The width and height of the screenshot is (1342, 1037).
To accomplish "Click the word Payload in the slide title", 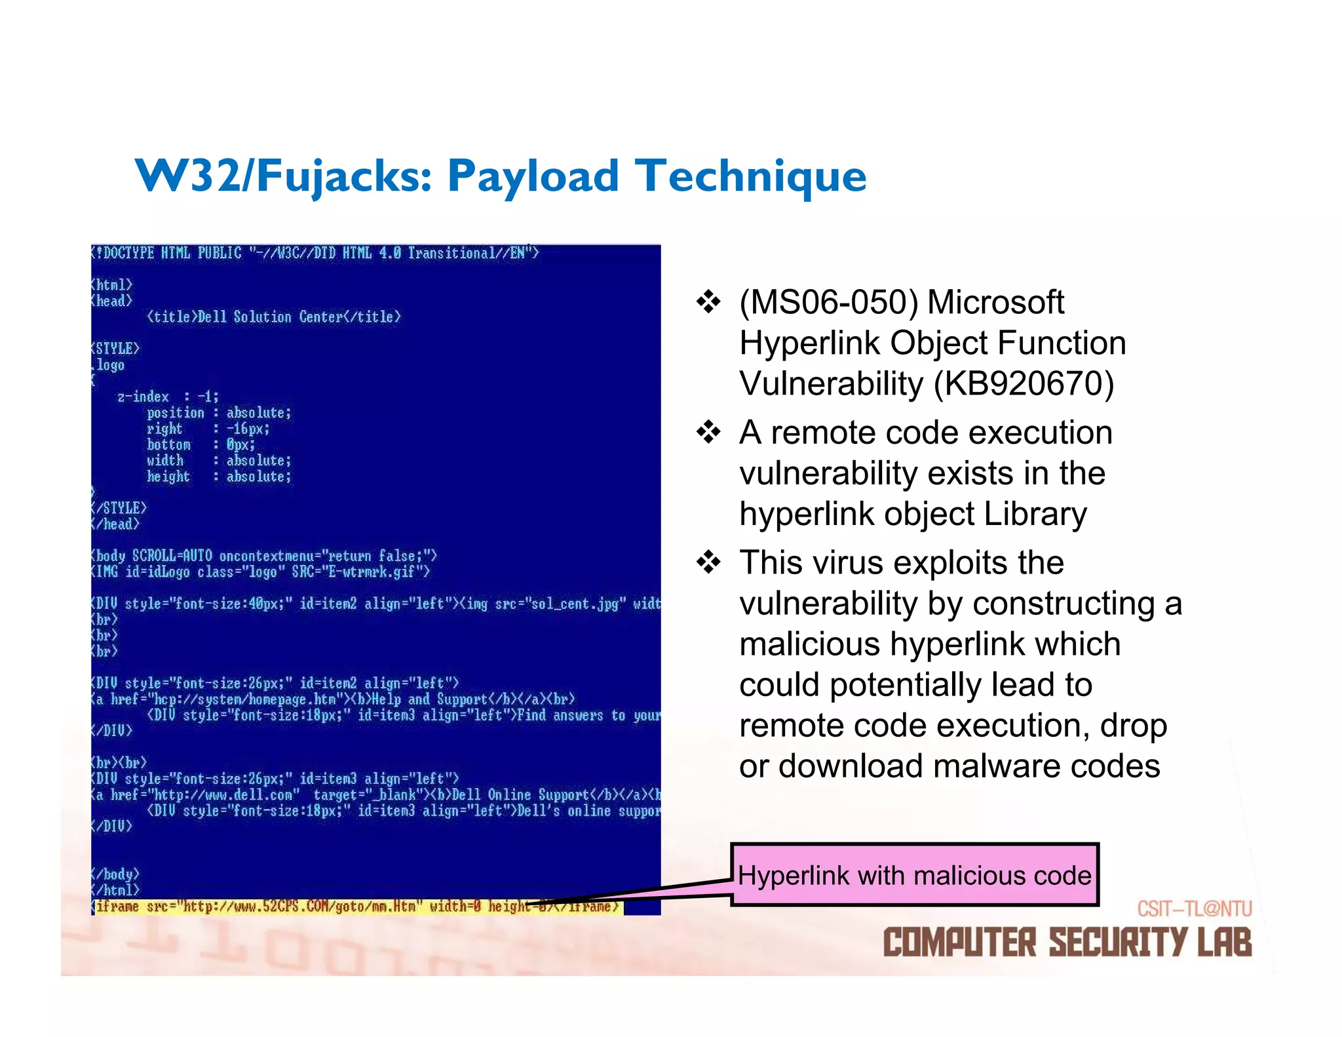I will coord(532,177).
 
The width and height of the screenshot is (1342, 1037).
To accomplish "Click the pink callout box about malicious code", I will coord(914,874).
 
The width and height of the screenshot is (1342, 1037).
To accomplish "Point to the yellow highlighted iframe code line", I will coord(357,907).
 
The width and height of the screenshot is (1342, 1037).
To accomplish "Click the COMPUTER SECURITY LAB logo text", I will coord(1067,942).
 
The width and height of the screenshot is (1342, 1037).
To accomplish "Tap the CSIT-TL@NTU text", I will coord(1194,909).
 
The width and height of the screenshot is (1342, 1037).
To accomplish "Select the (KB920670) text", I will coord(1024,383).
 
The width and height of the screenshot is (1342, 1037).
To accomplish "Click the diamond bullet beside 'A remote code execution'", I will coord(708,433).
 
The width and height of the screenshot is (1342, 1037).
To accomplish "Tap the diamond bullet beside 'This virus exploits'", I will coord(708,562).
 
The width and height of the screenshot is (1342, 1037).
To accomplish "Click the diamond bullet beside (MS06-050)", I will coord(708,302).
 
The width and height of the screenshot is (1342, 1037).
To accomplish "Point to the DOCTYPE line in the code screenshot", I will coord(315,253).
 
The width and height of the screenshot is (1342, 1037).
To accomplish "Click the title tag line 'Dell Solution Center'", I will coord(274,317).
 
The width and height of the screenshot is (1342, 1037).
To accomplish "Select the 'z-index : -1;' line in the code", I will coord(168,397).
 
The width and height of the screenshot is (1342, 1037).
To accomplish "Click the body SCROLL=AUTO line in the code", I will coord(263,556).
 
